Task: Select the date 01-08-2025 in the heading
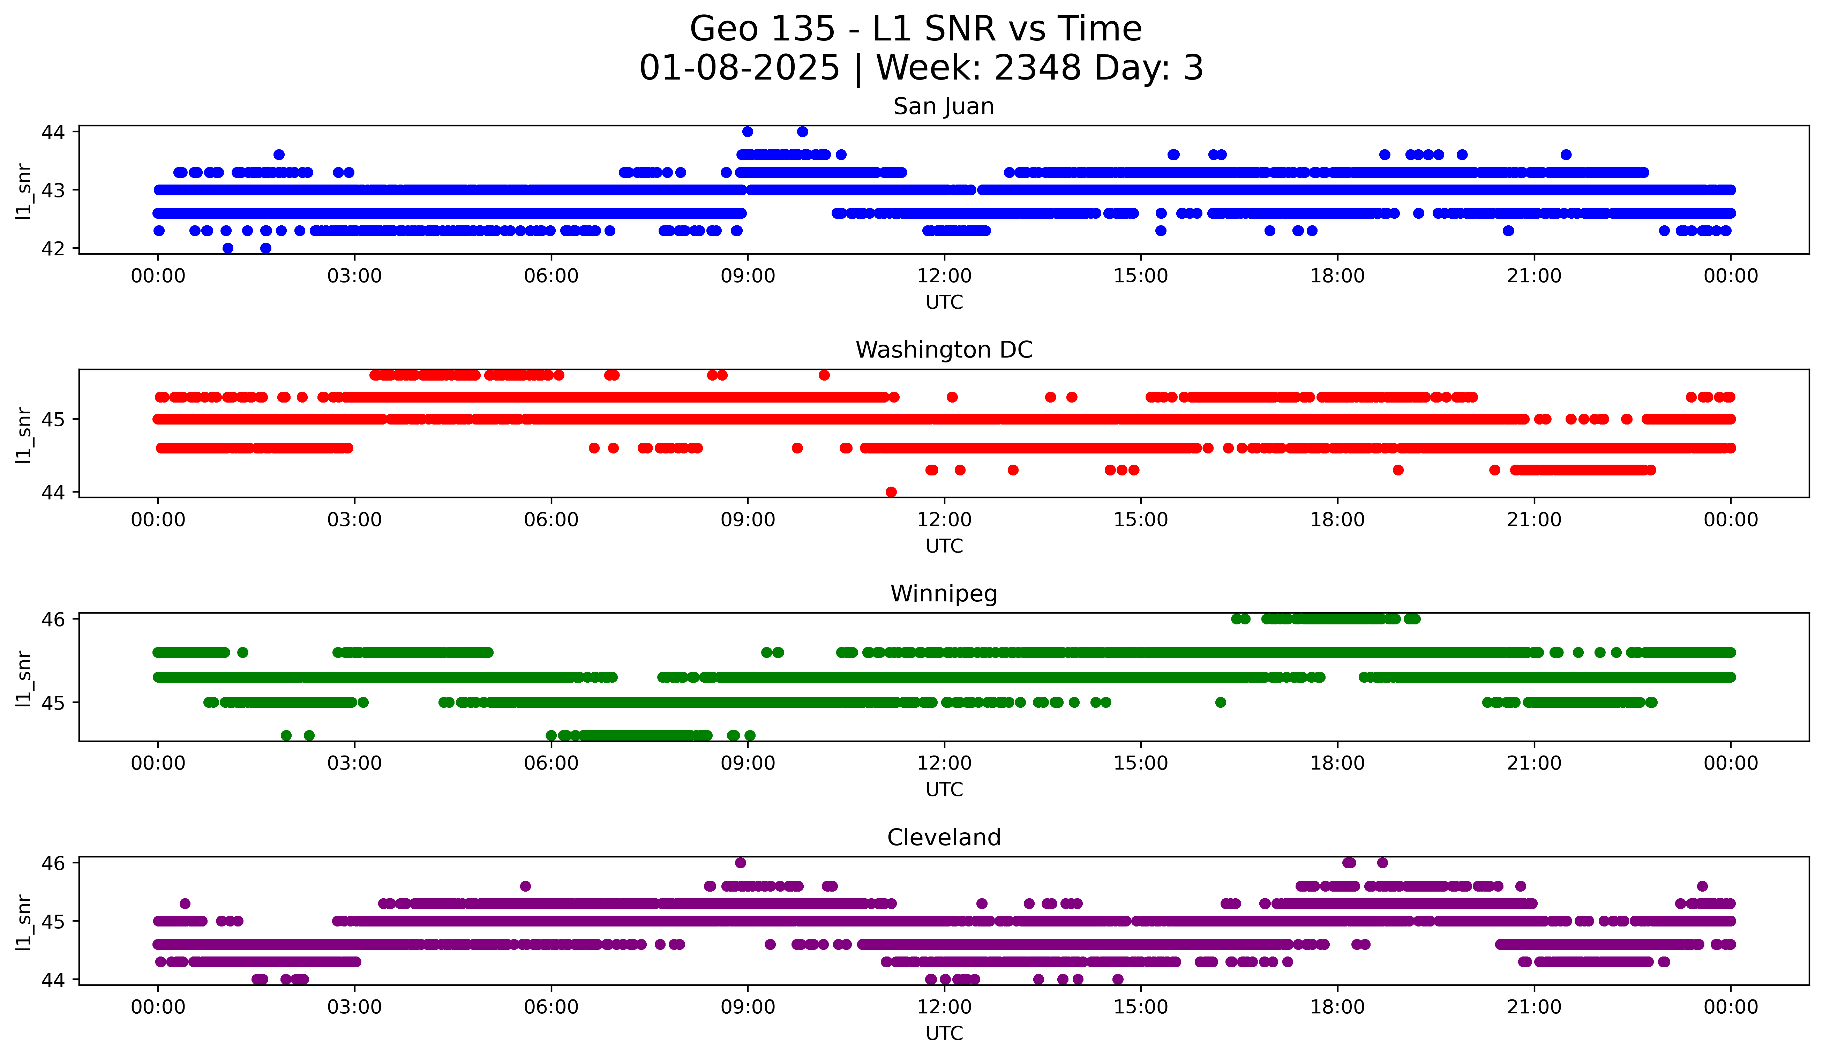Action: point(739,68)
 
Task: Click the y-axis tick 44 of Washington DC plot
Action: point(53,493)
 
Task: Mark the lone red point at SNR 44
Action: point(891,492)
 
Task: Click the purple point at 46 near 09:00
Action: point(740,863)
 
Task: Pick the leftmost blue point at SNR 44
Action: point(748,132)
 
